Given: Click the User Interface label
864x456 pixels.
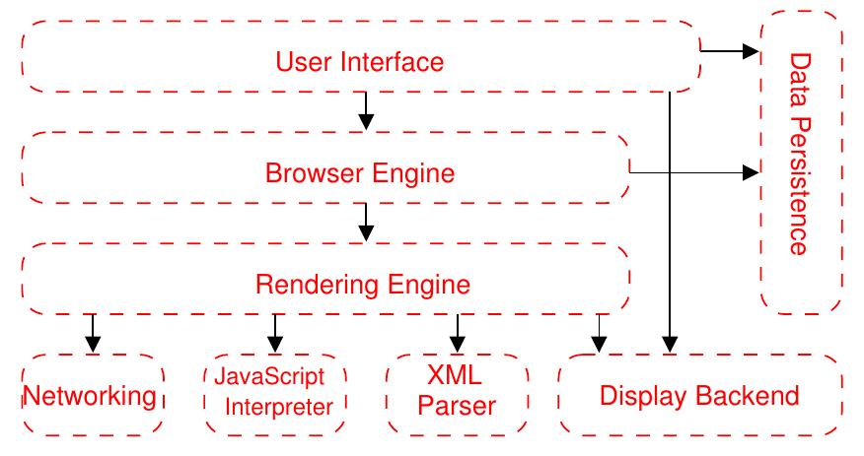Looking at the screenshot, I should [359, 62].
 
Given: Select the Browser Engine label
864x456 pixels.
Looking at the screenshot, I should [359, 173].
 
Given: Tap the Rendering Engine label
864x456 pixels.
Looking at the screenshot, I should [362, 285].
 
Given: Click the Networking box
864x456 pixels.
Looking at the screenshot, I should [91, 396].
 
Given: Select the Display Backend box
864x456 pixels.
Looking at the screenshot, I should [699, 396].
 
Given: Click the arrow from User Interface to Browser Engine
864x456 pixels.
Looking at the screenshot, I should [366, 110].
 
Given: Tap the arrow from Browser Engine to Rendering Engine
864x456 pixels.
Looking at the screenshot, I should [366, 222].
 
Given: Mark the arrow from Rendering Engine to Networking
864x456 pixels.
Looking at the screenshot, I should [93, 333].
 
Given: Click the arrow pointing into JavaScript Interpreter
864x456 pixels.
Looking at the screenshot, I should [275, 333].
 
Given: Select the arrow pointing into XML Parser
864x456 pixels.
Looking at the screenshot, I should [457, 333].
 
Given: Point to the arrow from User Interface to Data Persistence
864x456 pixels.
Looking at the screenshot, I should [730, 50].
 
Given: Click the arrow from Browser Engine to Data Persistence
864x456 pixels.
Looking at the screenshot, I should [690, 173].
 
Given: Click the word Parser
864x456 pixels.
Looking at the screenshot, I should [457, 406].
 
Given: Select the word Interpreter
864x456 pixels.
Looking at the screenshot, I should [279, 405].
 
